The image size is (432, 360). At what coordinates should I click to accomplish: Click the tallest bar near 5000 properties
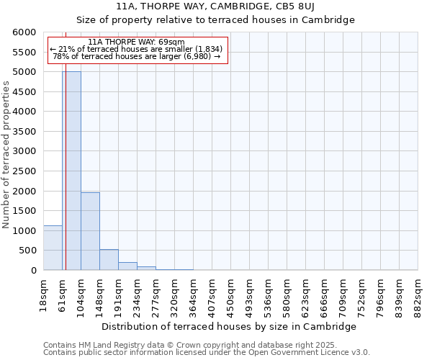(x=71, y=171)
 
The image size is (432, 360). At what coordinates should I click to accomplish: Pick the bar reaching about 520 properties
(x=109, y=259)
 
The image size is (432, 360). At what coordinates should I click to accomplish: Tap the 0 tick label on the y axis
(x=33, y=270)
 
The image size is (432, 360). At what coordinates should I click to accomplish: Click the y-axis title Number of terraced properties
(x=6, y=155)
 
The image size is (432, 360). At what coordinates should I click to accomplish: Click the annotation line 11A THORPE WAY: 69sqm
(x=137, y=42)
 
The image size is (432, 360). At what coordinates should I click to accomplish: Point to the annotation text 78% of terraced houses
(x=137, y=56)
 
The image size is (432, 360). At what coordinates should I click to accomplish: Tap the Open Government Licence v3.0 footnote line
(x=207, y=352)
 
